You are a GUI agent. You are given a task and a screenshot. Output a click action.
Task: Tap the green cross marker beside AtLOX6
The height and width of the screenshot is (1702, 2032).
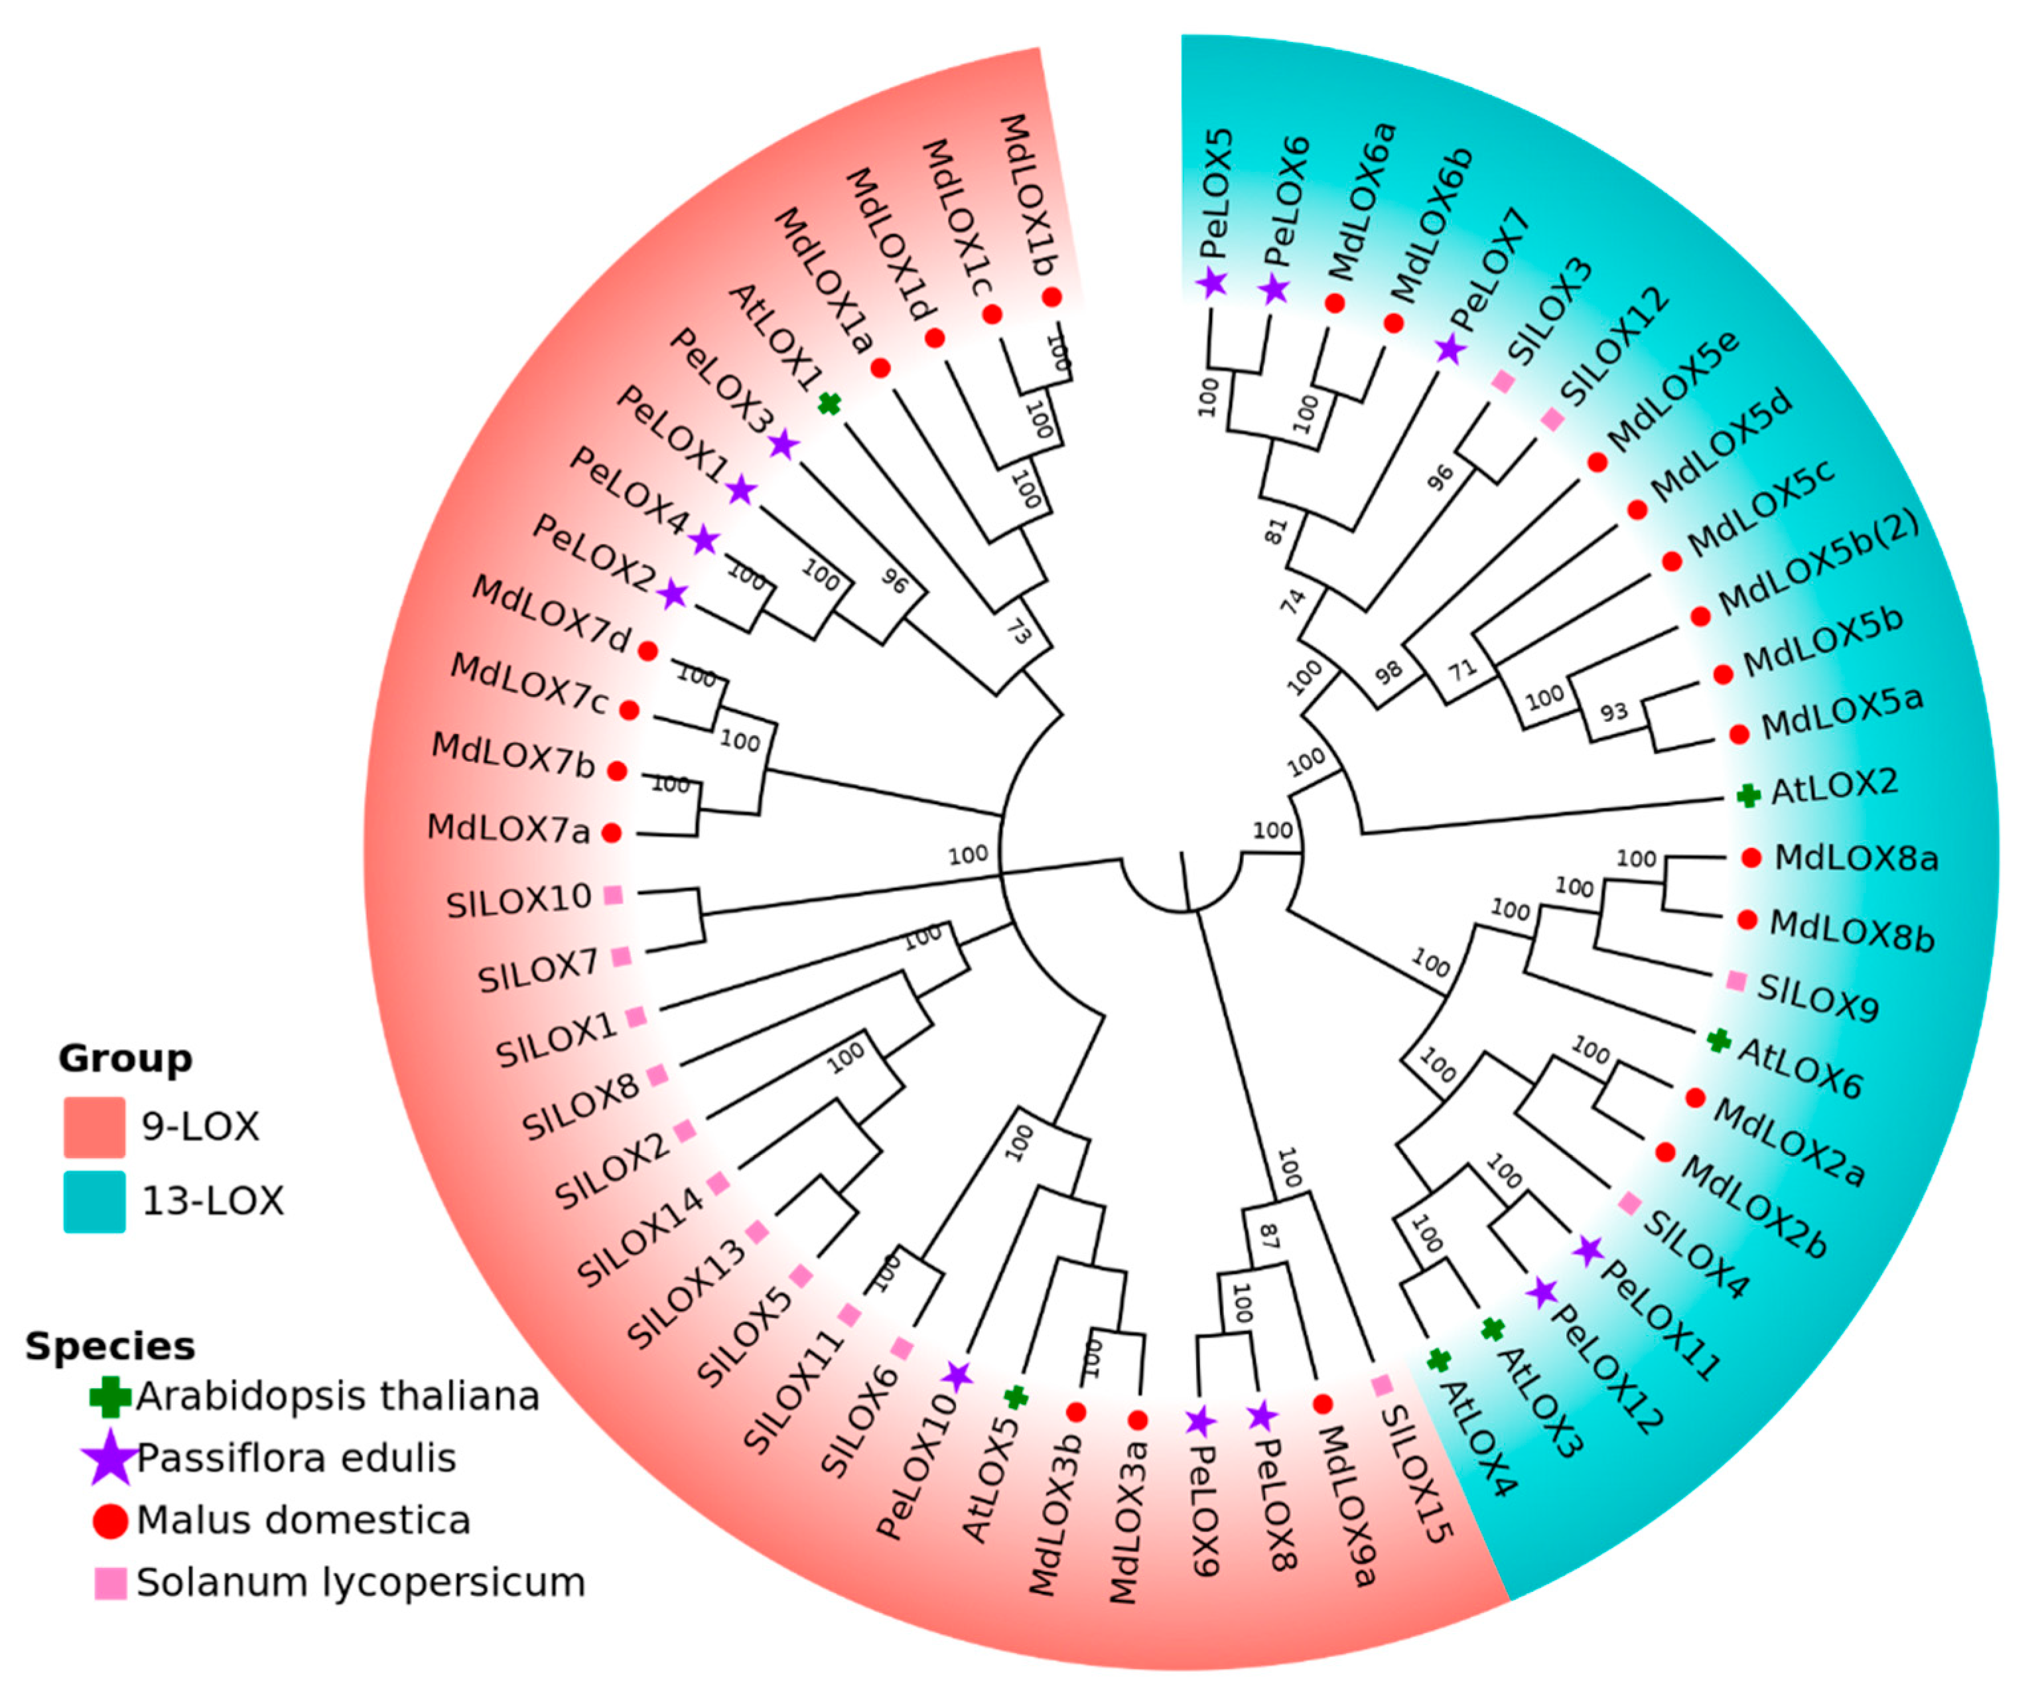click(1718, 1041)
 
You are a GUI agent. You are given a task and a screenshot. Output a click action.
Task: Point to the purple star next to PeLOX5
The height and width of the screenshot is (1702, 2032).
click(1211, 283)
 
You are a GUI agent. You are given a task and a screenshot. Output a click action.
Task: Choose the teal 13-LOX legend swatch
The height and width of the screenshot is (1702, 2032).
click(94, 1202)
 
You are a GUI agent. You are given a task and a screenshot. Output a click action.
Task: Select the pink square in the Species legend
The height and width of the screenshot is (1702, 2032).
click(110, 1583)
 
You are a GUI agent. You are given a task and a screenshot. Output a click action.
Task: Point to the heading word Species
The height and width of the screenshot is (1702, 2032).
click(109, 1346)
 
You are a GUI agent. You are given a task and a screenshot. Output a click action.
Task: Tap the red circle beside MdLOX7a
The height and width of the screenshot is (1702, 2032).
click(610, 832)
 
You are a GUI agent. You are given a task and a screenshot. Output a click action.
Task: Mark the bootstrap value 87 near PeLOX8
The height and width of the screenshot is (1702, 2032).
click(1268, 1236)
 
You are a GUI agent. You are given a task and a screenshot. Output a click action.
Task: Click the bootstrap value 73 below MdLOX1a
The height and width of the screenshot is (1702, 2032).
click(1018, 632)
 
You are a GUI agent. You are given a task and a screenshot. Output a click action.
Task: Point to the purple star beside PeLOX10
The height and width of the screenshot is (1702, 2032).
click(957, 1374)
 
